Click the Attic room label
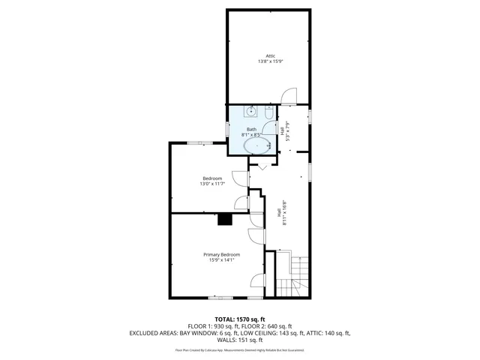tap(270, 55)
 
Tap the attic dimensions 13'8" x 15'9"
tap(270, 61)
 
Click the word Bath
tap(251, 129)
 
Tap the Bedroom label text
tap(212, 178)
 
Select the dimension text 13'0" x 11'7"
tap(212, 184)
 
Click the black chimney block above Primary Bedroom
tap(225, 219)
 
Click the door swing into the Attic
tap(285, 94)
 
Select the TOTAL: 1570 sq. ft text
tap(240, 319)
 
